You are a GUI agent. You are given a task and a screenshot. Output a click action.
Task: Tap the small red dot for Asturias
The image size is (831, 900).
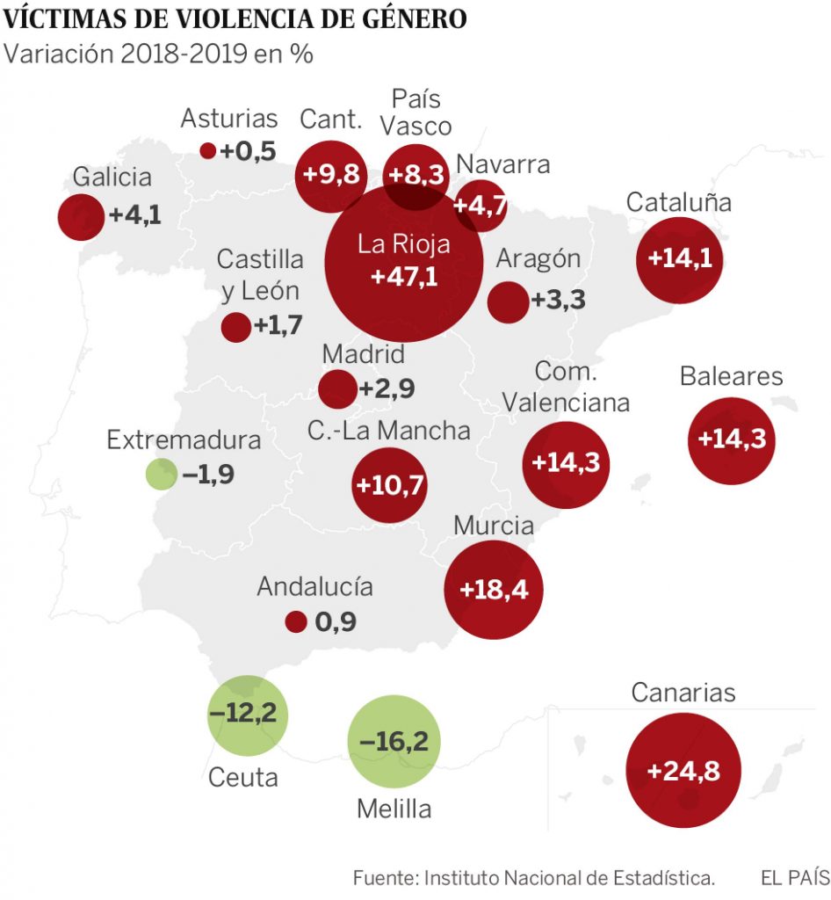coord(208,151)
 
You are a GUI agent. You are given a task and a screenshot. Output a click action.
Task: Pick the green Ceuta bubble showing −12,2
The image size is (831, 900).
coord(248,715)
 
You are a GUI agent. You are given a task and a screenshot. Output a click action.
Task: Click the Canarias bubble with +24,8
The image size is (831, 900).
coord(683,772)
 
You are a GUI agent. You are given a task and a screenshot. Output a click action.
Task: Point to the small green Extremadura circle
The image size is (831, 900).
coord(161,475)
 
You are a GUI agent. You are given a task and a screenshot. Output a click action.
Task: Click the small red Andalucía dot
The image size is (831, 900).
coord(296,622)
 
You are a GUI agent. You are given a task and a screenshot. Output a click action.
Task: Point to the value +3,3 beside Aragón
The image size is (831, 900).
coord(558,301)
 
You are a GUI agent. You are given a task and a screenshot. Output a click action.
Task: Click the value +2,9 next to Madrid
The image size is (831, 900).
coord(387,388)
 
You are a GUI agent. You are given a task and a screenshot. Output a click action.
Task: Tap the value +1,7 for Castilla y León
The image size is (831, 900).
coord(278,325)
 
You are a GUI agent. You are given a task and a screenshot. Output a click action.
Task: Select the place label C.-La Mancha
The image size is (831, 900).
coord(388,431)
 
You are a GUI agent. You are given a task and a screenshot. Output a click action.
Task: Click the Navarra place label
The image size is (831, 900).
coord(503,164)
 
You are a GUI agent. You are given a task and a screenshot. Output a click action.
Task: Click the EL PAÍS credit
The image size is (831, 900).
coord(794,877)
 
